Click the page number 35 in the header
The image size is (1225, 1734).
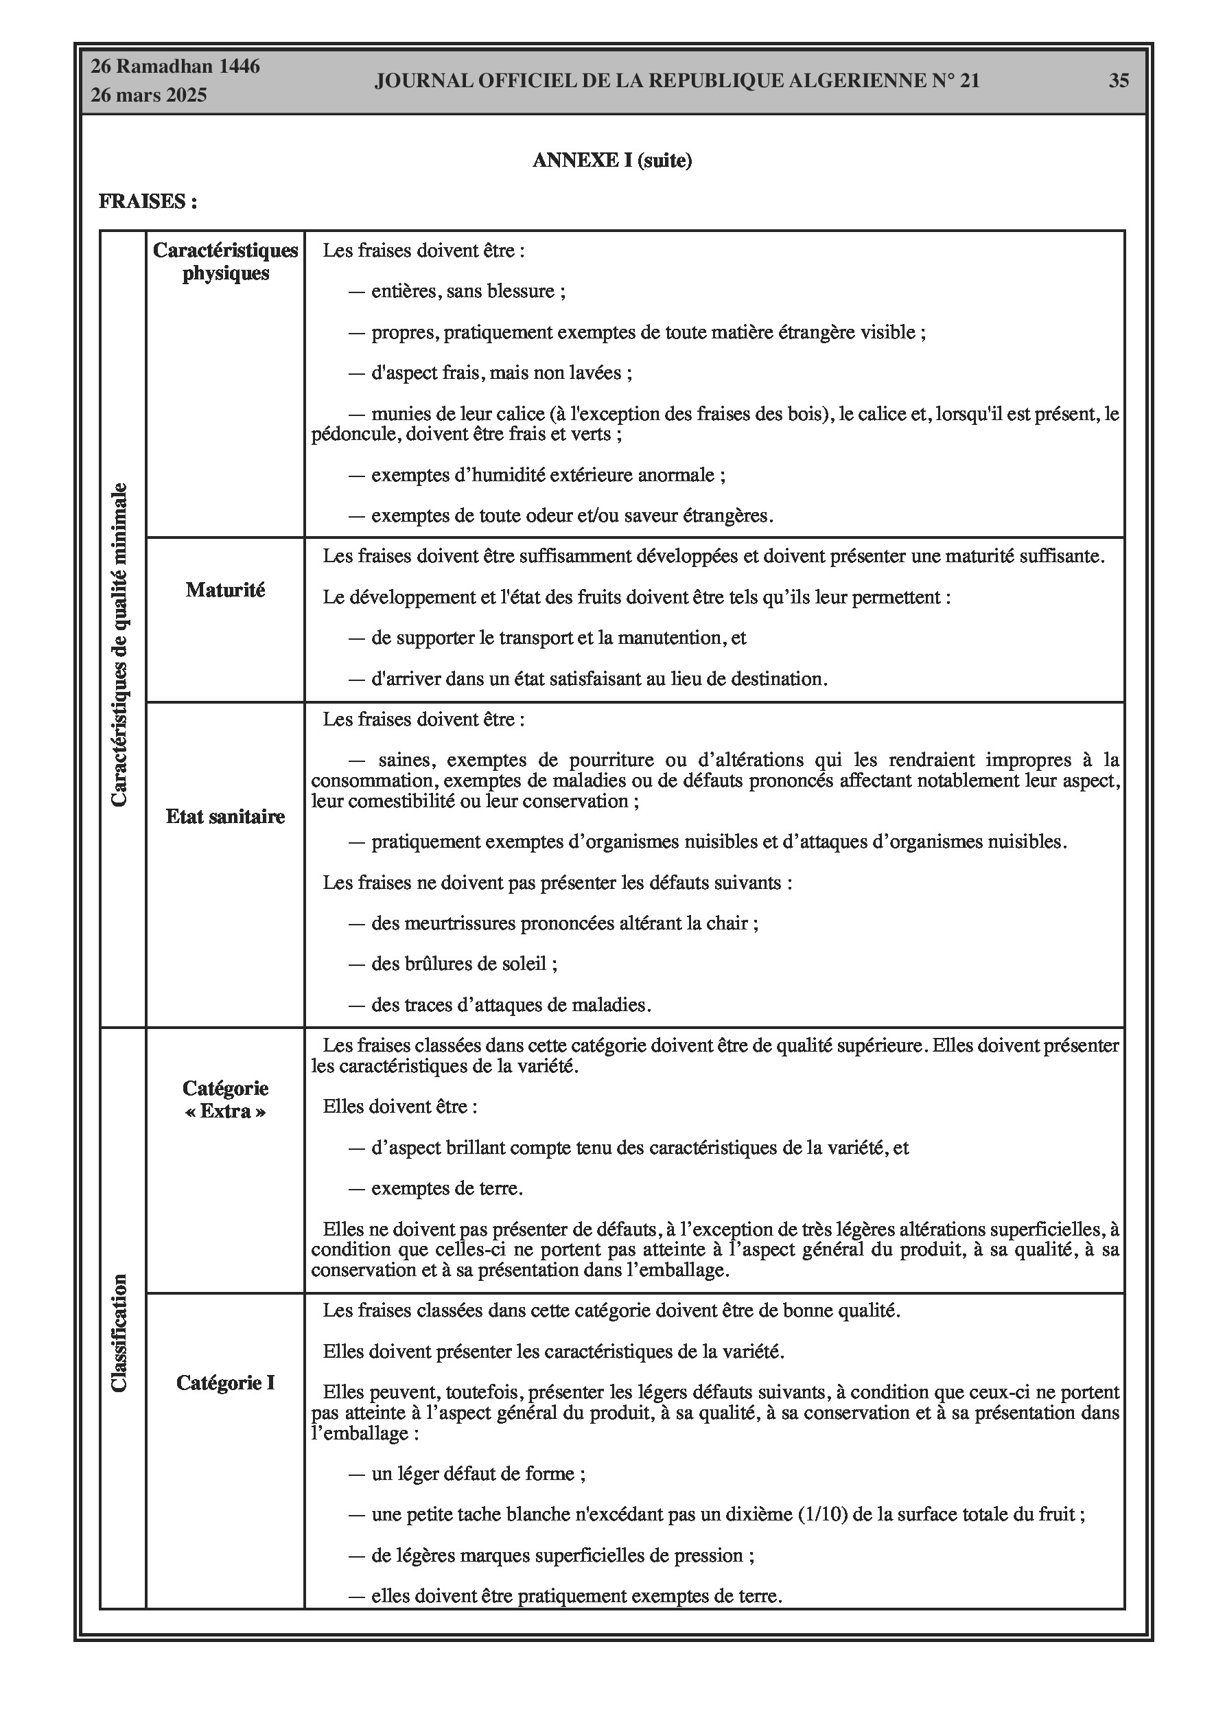coord(1119,81)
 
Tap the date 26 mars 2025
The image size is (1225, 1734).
coord(149,95)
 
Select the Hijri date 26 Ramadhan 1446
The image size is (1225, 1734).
coord(175,67)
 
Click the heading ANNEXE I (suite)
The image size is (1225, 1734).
coord(611,160)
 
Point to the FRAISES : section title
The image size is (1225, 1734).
coord(148,202)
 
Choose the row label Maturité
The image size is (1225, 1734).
coord(225,590)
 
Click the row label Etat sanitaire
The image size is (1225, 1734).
coord(225,816)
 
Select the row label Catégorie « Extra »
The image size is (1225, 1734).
coord(225,1100)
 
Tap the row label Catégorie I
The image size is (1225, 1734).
coord(225,1382)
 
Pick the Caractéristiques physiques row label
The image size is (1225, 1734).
coord(225,262)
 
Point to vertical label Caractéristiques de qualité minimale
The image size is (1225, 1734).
coord(119,645)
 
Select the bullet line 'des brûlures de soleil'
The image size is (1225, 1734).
coord(464,964)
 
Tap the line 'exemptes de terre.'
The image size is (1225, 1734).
coord(446,1188)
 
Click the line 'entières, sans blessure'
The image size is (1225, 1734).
coord(467,292)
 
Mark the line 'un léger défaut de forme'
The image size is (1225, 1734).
coord(478,1473)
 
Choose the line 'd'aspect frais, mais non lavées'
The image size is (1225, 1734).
coord(501,373)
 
